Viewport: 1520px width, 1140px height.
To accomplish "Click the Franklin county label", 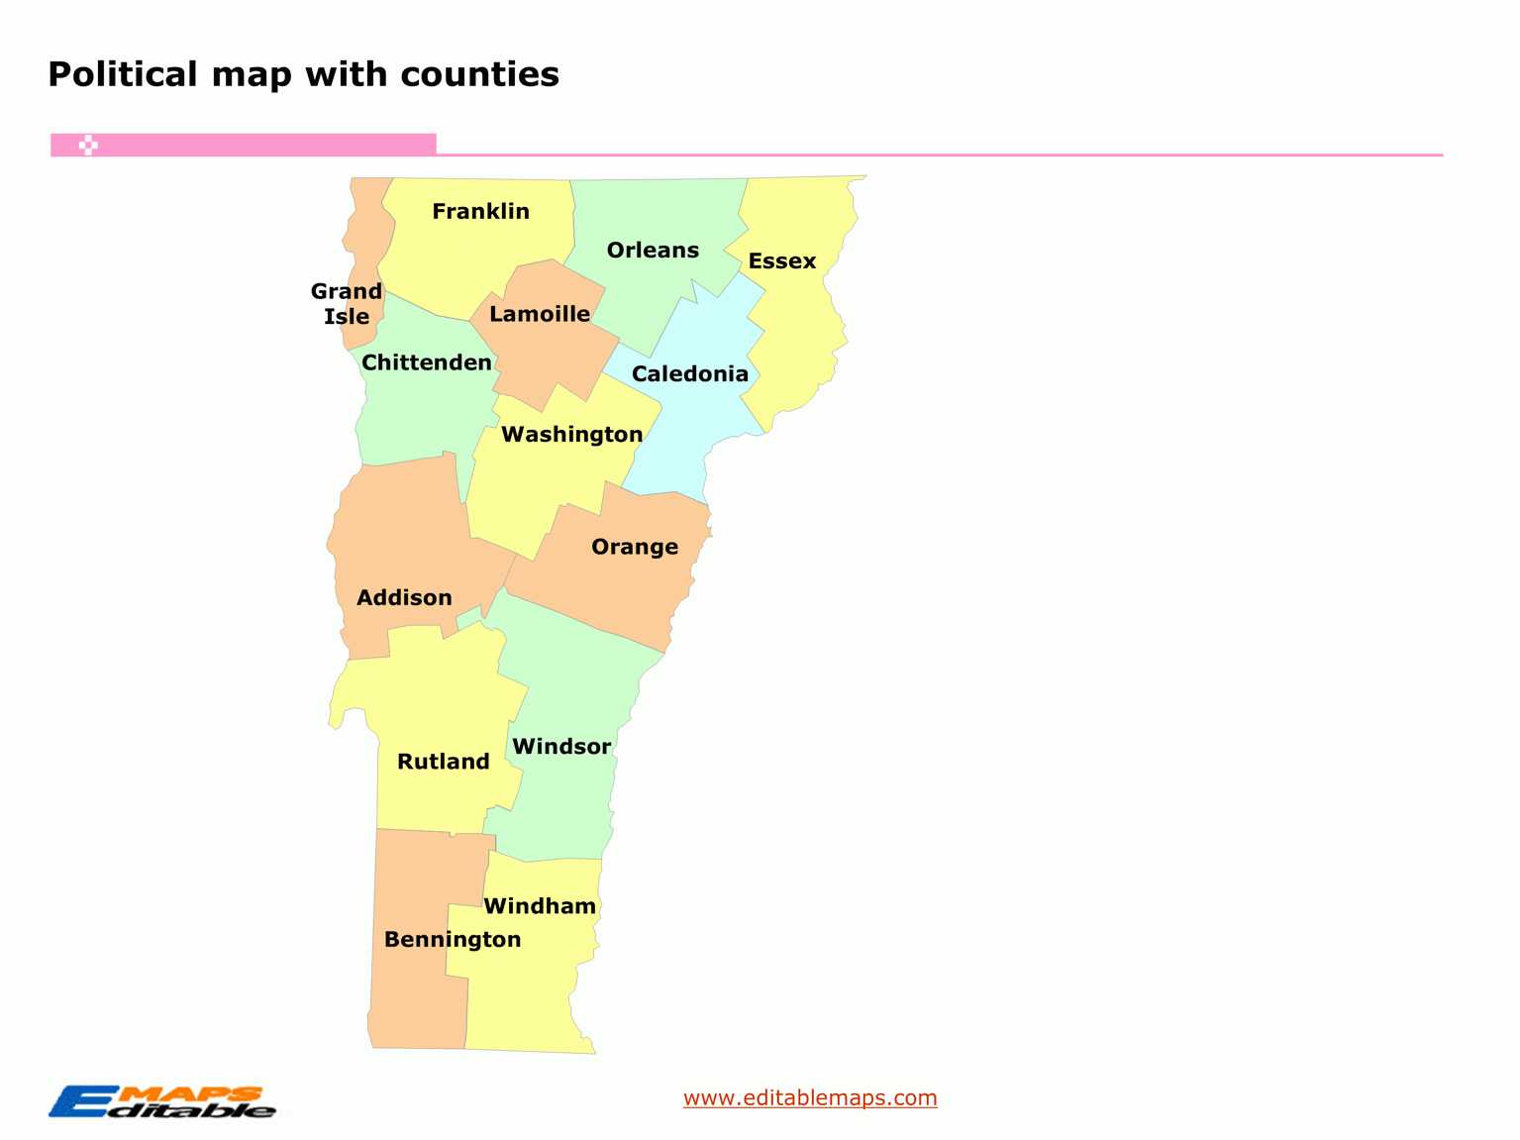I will (480, 211).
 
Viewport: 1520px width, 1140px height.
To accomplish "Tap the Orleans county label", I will (653, 251).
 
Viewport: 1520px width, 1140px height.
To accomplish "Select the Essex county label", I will (782, 261).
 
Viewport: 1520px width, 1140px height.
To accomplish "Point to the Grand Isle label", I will (347, 304).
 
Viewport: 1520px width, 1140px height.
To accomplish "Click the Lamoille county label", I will (540, 315).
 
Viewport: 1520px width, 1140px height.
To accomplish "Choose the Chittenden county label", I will (427, 363).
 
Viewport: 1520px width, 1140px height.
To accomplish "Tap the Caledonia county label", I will (690, 374).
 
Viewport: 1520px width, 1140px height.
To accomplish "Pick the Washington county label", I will (572, 435).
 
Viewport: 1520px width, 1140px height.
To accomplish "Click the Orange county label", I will (635, 547).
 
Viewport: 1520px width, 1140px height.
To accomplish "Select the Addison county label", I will (404, 598).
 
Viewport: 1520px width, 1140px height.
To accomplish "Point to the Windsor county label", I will (561, 747).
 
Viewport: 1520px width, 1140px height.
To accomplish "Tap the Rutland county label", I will (444, 762).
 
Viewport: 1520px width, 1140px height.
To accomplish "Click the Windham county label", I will (540, 906).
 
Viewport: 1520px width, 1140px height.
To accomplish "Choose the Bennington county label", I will (453, 940).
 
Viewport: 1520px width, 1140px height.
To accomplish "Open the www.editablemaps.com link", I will (810, 1097).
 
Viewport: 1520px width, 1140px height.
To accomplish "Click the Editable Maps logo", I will (162, 1102).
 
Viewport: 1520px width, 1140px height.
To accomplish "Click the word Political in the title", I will (123, 75).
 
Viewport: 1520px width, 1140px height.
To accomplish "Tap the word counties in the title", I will (480, 75).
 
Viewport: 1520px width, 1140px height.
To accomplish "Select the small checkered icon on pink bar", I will (88, 146).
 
